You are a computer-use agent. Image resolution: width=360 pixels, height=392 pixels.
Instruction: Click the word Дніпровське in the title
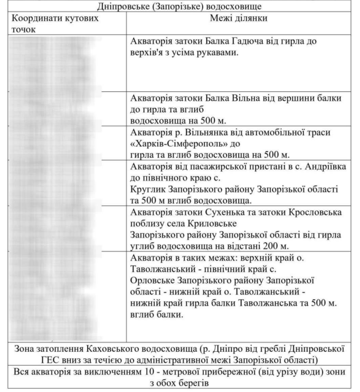122,6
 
